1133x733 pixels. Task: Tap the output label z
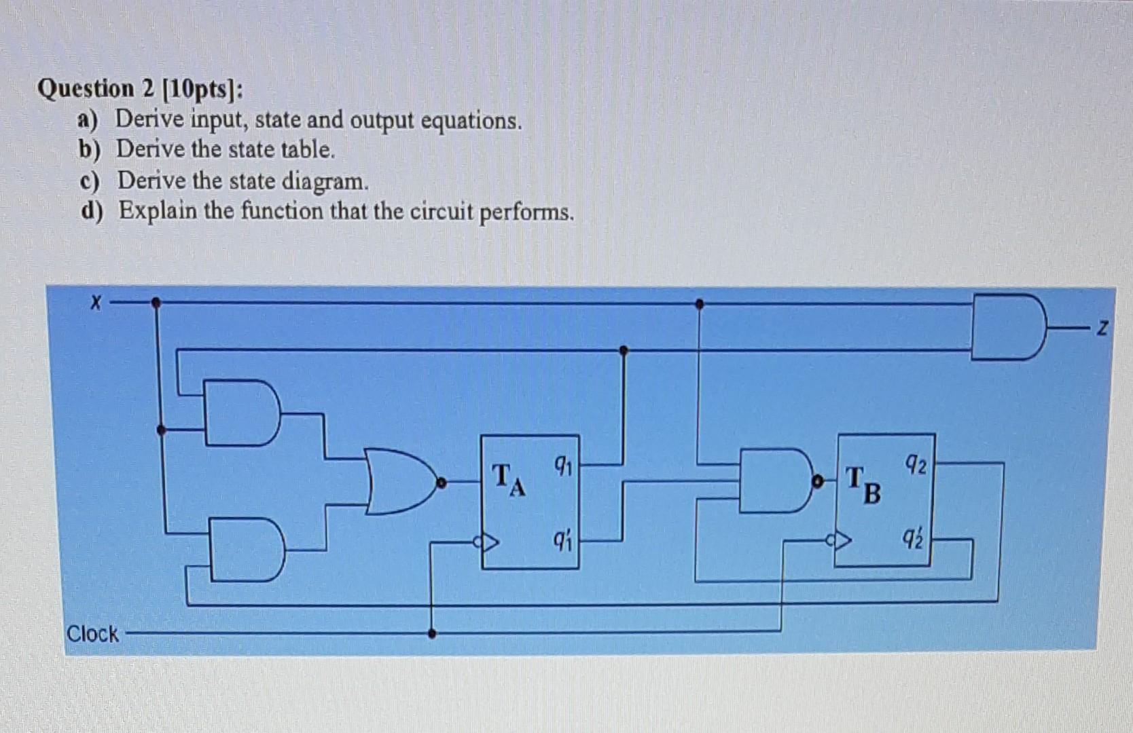click(x=1102, y=330)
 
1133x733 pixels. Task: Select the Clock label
click(x=92, y=634)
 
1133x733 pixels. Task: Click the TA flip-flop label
click(x=509, y=479)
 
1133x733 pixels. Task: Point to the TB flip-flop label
click(x=863, y=485)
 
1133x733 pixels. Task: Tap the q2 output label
click(x=916, y=466)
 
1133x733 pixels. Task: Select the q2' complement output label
click(x=914, y=540)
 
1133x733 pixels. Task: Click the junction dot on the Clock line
click(x=432, y=634)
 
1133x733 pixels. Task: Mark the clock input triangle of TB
click(x=842, y=541)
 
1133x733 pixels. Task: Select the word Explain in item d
click(x=158, y=211)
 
